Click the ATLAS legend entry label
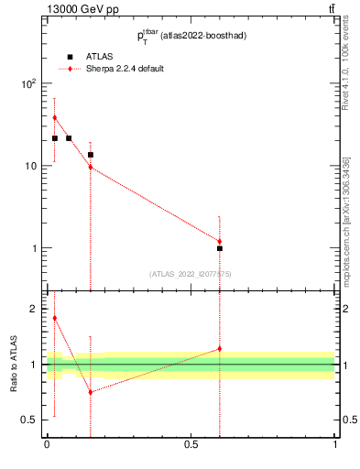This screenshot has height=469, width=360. coord(100,57)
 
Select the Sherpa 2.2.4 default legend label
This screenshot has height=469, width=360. coord(125,69)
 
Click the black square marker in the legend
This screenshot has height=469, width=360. coord(70,57)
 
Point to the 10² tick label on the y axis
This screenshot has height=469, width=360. coord(28,83)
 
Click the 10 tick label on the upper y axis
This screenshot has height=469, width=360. coord(31,166)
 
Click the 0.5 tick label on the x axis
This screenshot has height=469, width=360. coord(191,444)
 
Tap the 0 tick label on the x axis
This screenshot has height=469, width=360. coord(47,444)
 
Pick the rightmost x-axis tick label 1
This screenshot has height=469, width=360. coord(335,444)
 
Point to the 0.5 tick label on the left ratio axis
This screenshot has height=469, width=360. coord(30,420)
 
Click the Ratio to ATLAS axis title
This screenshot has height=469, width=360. coord(14,365)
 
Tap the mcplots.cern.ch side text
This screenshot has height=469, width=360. coord(346,220)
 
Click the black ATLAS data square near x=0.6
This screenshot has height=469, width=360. coord(220,248)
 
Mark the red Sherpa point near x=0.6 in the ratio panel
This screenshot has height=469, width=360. coord(220,349)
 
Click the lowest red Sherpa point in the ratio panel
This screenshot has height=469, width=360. coord(91,392)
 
